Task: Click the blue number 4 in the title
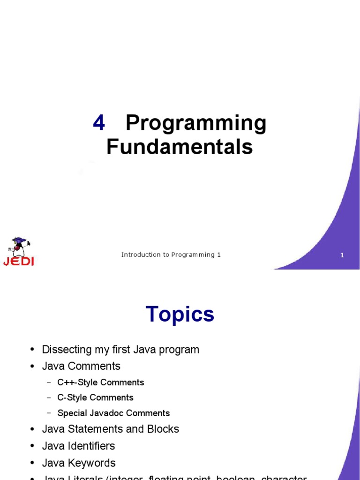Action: (x=99, y=123)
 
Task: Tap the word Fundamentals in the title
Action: (x=180, y=147)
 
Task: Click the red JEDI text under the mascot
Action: (x=19, y=262)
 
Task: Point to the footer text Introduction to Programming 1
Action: (x=171, y=255)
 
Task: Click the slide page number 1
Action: (x=342, y=255)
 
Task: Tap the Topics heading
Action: (x=180, y=314)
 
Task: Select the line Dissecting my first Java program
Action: (x=120, y=350)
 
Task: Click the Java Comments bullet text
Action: (x=81, y=366)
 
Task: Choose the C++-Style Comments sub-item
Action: (x=100, y=382)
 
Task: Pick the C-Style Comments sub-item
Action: (x=95, y=397)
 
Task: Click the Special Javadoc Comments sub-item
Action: (x=113, y=413)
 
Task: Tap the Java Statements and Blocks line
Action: (x=111, y=429)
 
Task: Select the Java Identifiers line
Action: (x=78, y=446)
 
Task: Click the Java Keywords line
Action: (x=79, y=463)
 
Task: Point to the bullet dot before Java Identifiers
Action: (x=32, y=446)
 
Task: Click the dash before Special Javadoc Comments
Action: (x=49, y=413)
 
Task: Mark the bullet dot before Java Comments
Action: (x=32, y=367)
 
